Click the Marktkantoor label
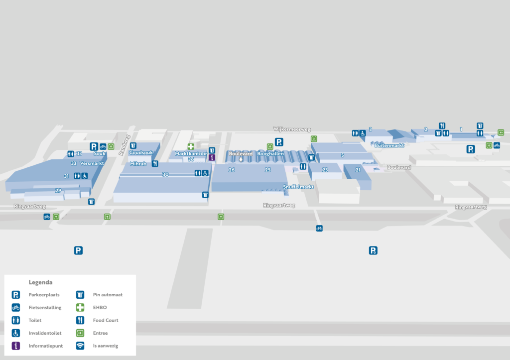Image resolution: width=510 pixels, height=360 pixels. (x=191, y=154)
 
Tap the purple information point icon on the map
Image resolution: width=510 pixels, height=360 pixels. (x=212, y=157)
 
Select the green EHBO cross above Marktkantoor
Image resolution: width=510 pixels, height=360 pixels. (x=191, y=146)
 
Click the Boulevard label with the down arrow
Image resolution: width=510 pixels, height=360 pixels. (x=241, y=154)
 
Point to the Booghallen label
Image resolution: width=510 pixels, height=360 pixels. (x=270, y=154)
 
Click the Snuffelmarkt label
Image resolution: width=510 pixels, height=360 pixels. (x=298, y=187)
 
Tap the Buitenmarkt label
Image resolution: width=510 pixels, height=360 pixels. (x=388, y=145)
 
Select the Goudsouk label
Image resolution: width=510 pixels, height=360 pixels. (x=141, y=153)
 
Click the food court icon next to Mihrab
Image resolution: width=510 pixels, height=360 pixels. (x=155, y=163)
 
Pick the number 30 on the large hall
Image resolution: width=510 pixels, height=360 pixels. (x=165, y=174)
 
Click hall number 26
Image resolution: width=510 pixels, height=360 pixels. (x=232, y=170)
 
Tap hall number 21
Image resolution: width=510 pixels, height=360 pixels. (x=358, y=170)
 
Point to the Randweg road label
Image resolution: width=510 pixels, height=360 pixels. (x=124, y=145)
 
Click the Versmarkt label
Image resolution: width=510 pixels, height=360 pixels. (x=91, y=163)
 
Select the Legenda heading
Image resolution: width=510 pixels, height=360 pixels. (x=40, y=282)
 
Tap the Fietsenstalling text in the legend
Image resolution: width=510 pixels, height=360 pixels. (x=45, y=308)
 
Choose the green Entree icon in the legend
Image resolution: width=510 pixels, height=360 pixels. (x=80, y=333)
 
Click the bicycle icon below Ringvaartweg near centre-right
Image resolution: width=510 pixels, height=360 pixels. (x=319, y=228)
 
